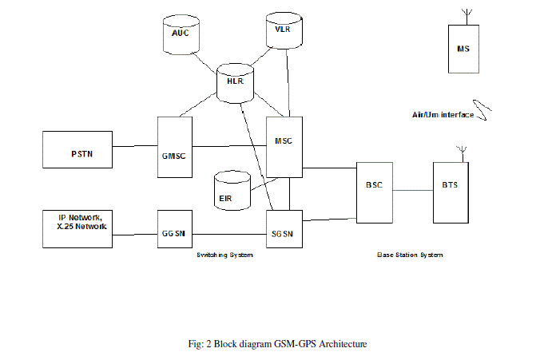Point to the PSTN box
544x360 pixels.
77,150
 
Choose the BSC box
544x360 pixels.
374,192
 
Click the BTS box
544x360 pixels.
451,192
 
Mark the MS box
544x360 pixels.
463,49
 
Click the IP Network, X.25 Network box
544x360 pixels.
77,228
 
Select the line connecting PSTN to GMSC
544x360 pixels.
135,146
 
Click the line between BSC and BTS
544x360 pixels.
411,190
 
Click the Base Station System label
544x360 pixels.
410,255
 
